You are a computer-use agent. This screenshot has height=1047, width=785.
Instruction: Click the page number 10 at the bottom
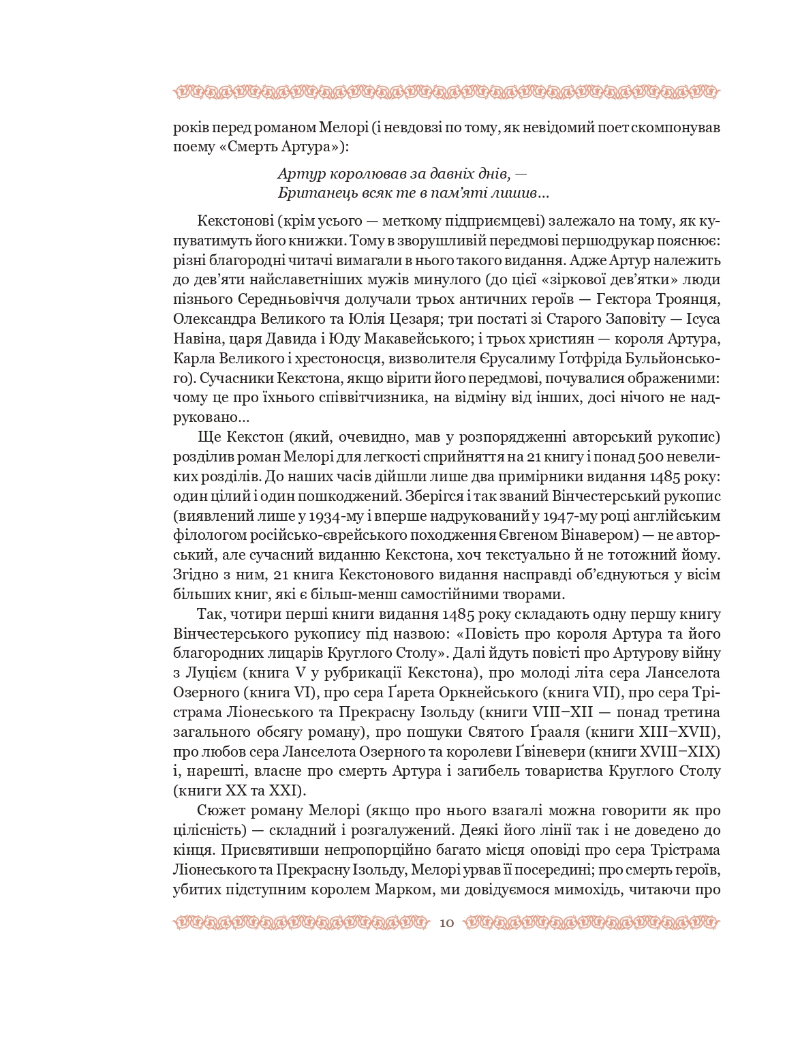click(x=447, y=923)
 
